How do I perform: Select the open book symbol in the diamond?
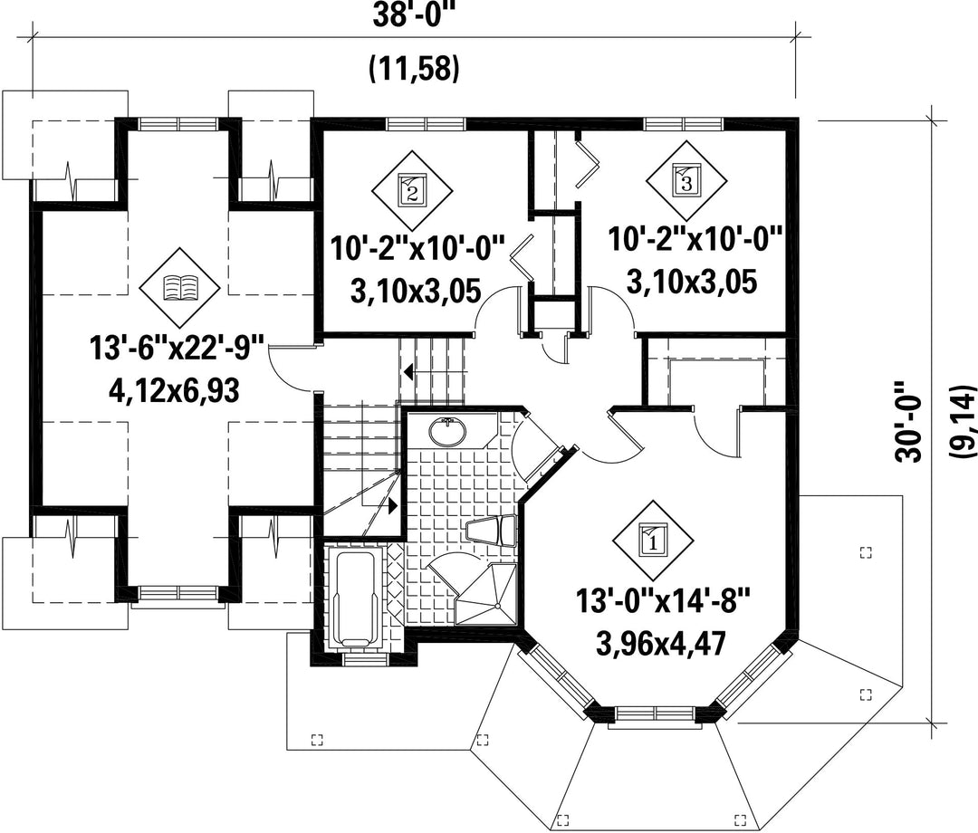point(180,289)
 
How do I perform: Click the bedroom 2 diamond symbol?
point(412,189)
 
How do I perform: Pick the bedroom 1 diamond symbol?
point(653,541)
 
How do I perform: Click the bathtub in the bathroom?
point(356,598)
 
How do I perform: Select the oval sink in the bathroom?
point(447,432)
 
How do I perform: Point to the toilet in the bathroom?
point(492,531)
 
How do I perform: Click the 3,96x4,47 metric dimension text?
point(661,644)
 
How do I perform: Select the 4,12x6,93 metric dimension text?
point(175,391)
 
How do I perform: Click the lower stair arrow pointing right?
point(393,505)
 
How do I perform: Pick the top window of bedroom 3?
point(685,124)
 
